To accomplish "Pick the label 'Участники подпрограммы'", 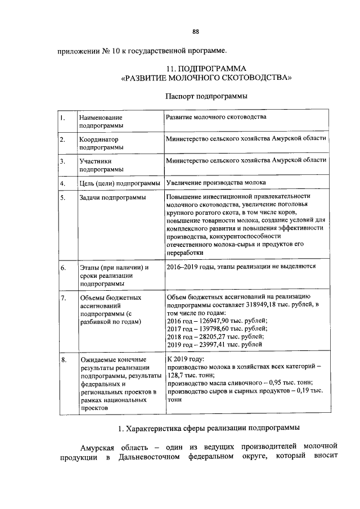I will click(x=102, y=164).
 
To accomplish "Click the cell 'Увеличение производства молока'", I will click(x=217, y=183).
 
